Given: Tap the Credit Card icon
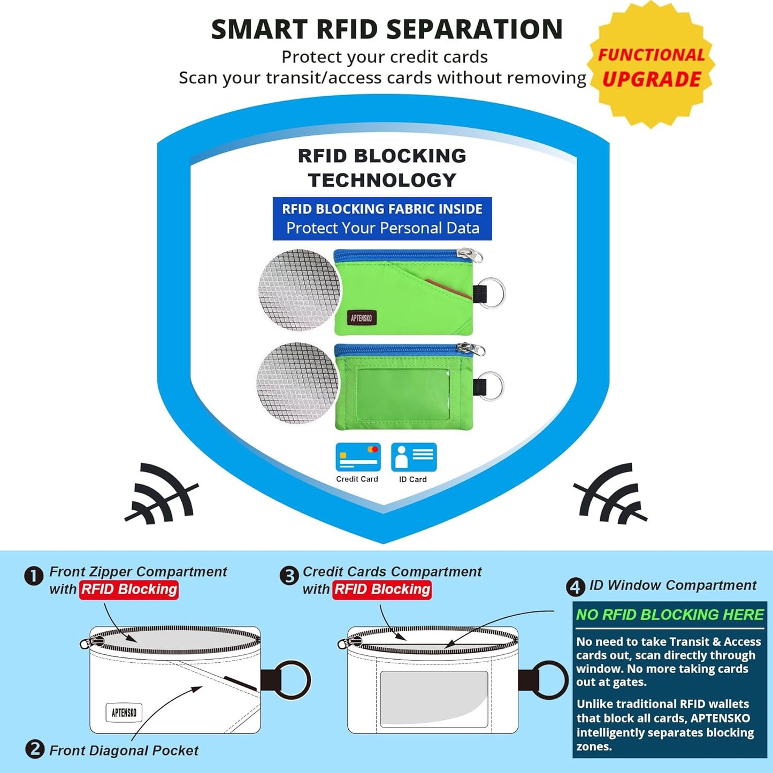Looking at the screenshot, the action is pos(358,457).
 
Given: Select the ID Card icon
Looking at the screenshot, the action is pos(414,457).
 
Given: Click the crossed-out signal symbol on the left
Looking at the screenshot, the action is pos(162,494).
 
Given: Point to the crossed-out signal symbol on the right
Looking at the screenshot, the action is pos(610,494).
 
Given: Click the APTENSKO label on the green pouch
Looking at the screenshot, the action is pos(362,318).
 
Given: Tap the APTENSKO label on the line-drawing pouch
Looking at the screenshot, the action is pos(124,713).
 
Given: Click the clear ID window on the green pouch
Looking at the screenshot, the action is pos(403,394).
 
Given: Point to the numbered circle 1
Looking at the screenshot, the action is pos(34,577).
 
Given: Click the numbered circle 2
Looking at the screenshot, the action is pos(35,749).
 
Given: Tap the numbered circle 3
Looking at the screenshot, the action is pos(289,577).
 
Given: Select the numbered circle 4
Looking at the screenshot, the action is pos(576,587).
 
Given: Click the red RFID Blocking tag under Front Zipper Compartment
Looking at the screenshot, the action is pos(129,590).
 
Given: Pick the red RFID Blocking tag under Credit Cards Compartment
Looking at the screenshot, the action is pos(382,590).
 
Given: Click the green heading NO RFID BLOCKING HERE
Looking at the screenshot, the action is pos(670,615).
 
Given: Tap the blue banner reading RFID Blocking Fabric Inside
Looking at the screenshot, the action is pos(382,219).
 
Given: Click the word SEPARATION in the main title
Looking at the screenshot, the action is pos(476,29).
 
